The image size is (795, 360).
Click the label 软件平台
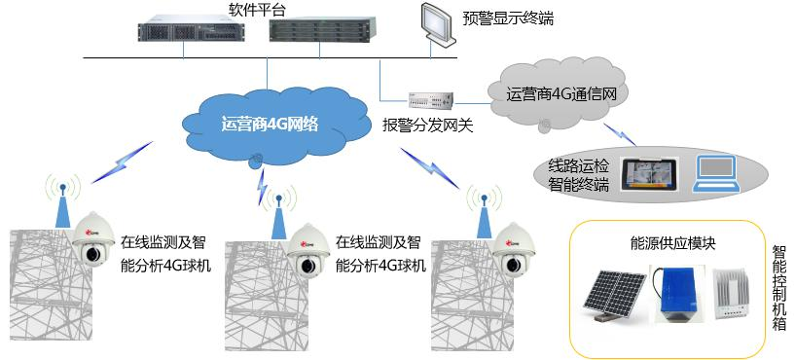pos(258,10)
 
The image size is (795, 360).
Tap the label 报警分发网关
pos(427,126)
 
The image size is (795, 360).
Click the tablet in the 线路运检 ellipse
pos(649,172)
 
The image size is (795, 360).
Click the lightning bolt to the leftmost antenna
pos(123,160)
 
